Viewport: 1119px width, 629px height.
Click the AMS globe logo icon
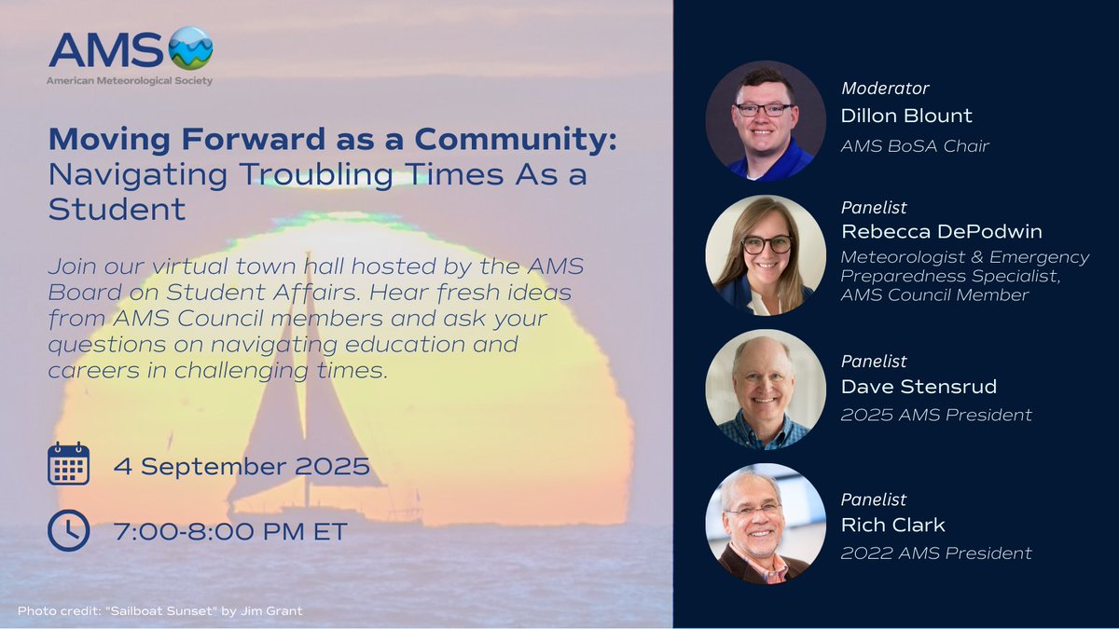(x=190, y=48)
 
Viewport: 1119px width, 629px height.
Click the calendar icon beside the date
(x=68, y=463)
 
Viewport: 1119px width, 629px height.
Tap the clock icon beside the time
(x=68, y=530)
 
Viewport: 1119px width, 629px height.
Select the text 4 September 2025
(x=242, y=465)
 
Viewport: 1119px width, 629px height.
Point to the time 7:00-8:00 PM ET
(x=230, y=531)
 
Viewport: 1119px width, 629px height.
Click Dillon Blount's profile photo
(x=766, y=120)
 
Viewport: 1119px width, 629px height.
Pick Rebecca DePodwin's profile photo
(x=766, y=254)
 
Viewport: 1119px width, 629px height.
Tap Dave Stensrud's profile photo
(x=766, y=389)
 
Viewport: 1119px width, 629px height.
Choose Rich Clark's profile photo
(x=766, y=523)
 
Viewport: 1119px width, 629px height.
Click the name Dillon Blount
(x=906, y=116)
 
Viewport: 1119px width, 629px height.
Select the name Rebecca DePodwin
(x=942, y=231)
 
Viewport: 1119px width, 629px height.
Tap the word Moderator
(x=885, y=89)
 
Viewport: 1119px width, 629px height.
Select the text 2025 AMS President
(x=936, y=415)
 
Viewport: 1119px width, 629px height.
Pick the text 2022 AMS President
(x=936, y=554)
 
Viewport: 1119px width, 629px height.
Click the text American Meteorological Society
(x=130, y=81)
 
